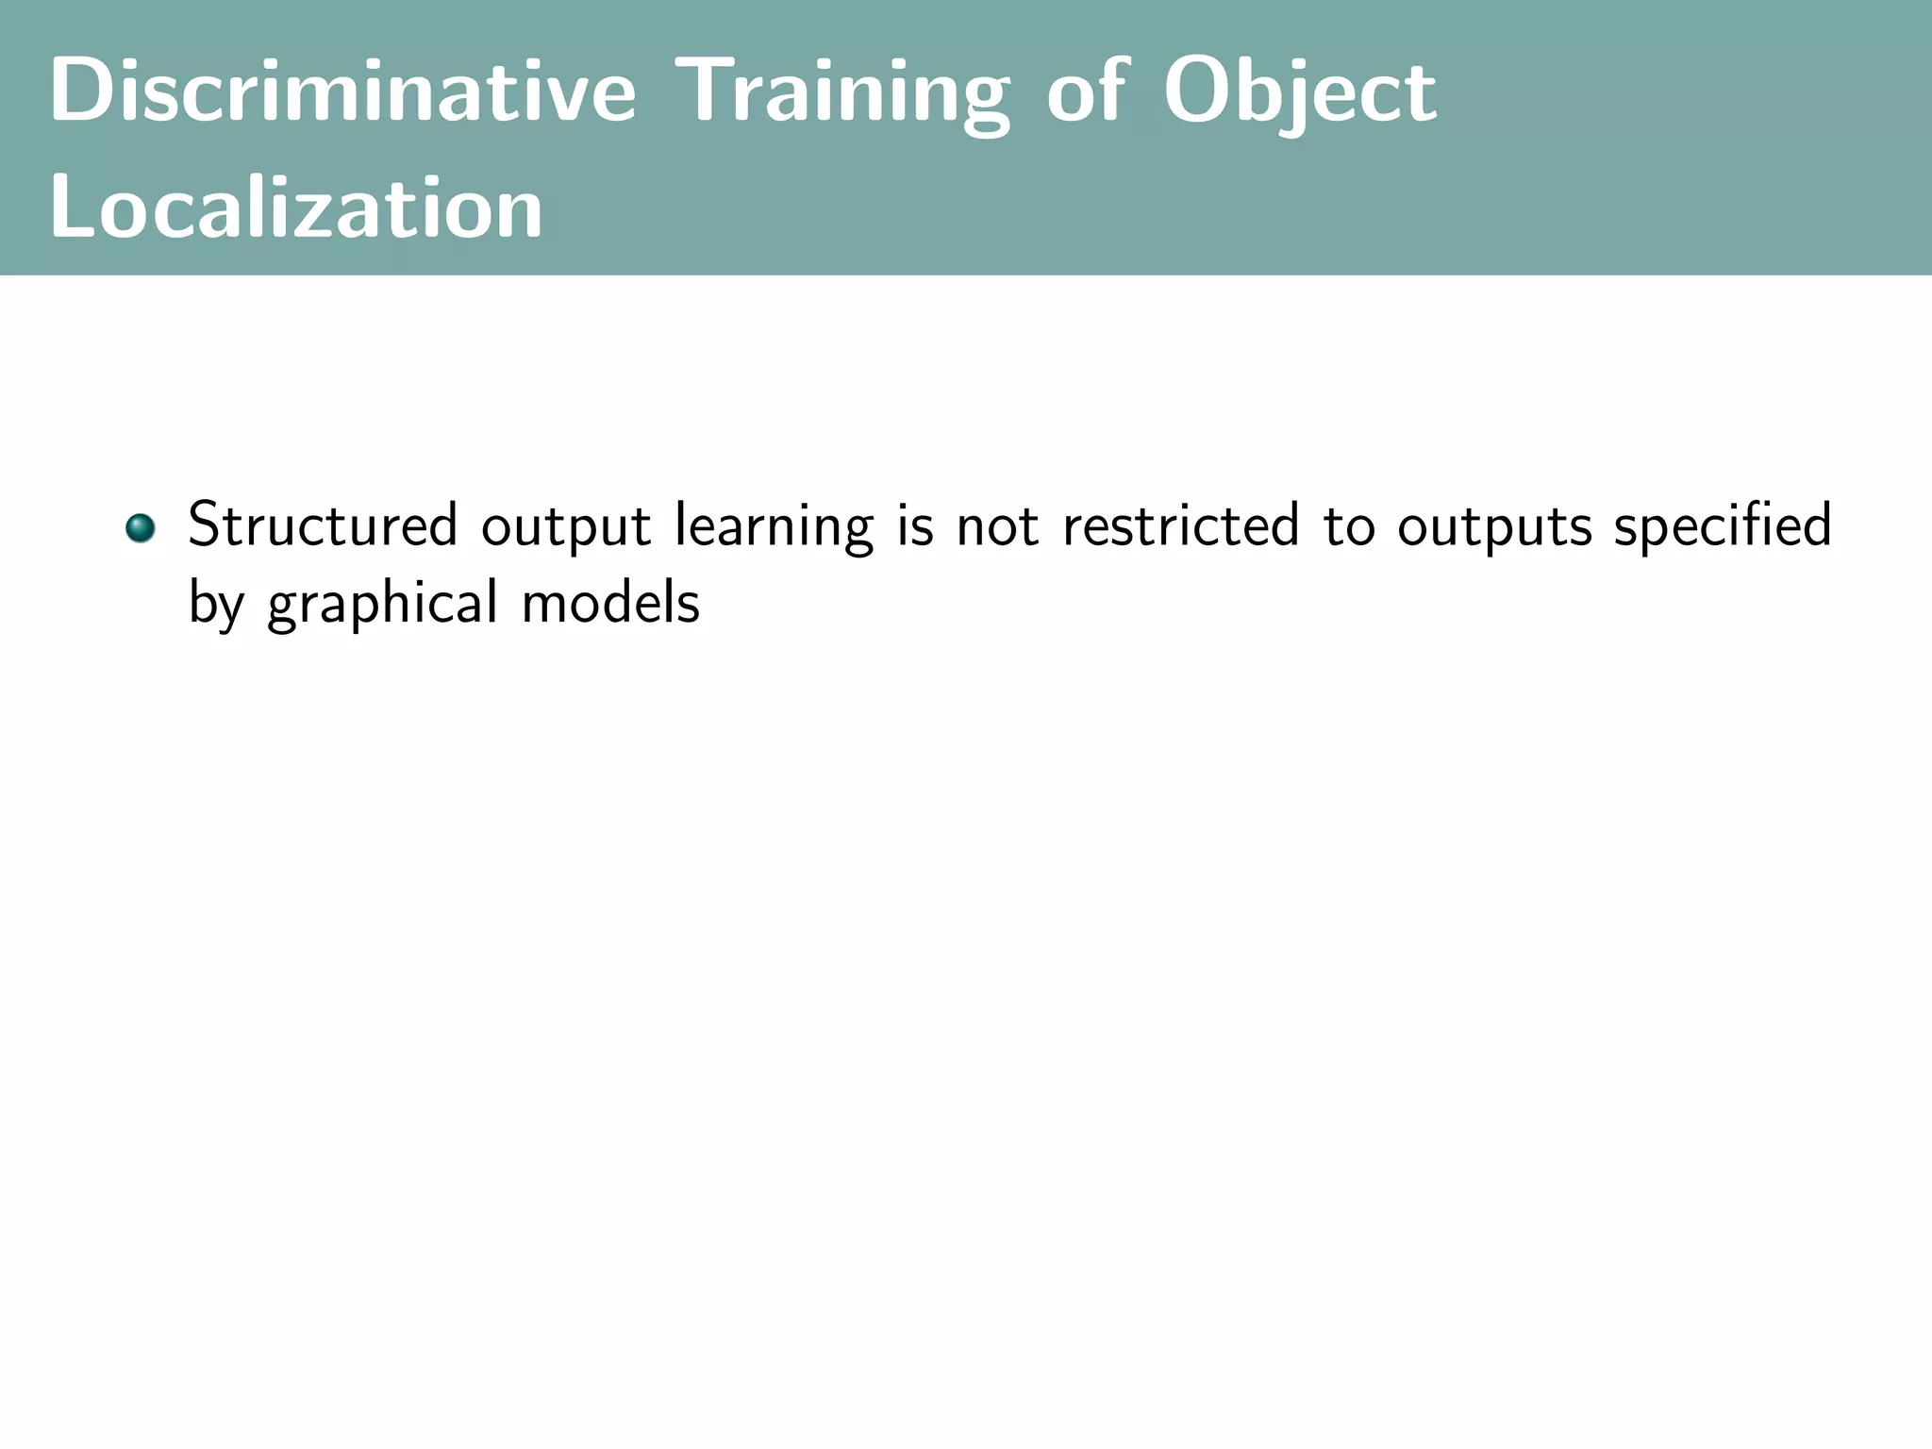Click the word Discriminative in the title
click(x=342, y=92)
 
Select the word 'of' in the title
click(x=1086, y=92)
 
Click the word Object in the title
click(x=1300, y=92)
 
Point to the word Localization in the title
click(x=295, y=208)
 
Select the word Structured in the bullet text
click(x=323, y=525)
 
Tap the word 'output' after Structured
click(x=566, y=527)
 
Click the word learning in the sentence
click(x=774, y=527)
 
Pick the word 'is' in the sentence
click(x=915, y=525)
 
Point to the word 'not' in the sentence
click(x=997, y=527)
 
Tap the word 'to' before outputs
click(x=1348, y=527)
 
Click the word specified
click(x=1723, y=527)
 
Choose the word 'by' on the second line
click(x=216, y=605)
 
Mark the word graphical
click(x=382, y=605)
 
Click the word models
click(x=610, y=603)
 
